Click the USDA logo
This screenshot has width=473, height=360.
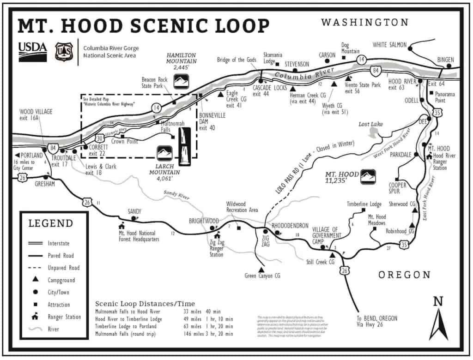32,51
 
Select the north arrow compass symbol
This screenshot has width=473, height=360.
438,319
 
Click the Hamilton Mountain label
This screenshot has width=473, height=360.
181,61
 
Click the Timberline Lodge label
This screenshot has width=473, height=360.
364,204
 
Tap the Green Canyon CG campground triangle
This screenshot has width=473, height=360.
261,269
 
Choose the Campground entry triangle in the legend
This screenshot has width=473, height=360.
35,280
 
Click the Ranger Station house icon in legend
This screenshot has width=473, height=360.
35,317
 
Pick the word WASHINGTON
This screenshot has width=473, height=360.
364,23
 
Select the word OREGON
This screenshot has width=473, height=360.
404,275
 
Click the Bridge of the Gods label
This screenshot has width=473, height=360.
237,60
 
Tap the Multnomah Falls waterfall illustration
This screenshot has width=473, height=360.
185,146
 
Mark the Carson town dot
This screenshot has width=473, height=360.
327,60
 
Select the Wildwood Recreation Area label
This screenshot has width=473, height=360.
242,207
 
